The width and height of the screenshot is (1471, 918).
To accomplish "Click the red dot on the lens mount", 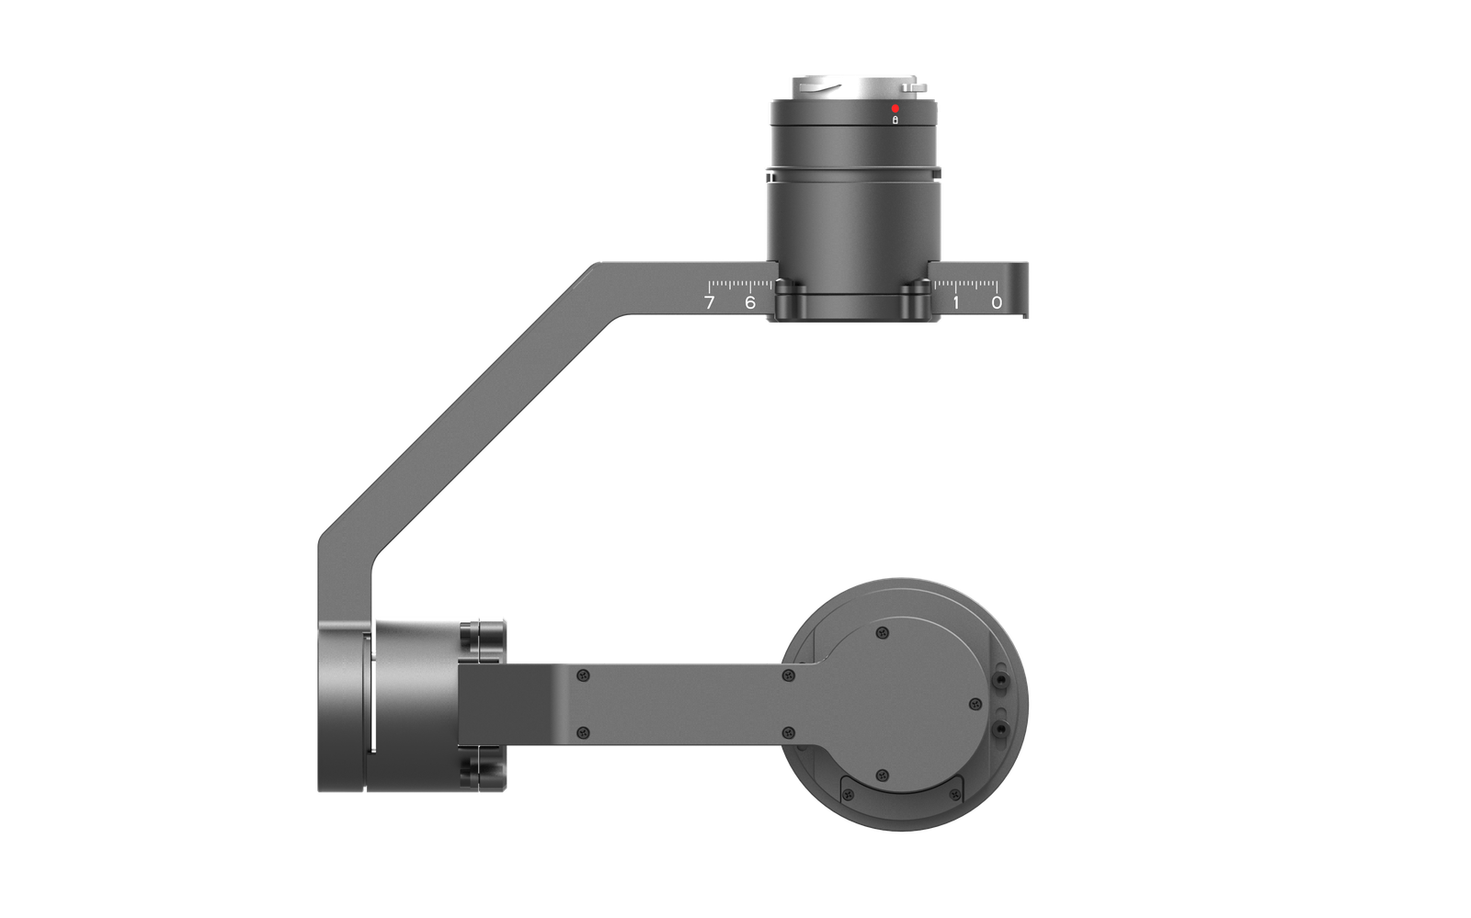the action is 895,108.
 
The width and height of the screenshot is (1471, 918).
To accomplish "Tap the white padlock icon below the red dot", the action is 895,120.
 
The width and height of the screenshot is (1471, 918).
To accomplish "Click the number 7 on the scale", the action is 709,302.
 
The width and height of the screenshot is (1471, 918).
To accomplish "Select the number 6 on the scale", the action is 750,302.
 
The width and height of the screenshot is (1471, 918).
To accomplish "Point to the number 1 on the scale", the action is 955,302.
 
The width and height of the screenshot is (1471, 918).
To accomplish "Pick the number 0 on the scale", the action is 997,302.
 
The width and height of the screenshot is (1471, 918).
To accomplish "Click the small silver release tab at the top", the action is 914,87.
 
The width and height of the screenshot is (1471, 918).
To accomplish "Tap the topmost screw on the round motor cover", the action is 884,633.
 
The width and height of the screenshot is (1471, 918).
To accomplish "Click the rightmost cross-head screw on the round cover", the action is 975,704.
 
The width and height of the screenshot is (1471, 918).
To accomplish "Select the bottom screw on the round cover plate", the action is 883,776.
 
